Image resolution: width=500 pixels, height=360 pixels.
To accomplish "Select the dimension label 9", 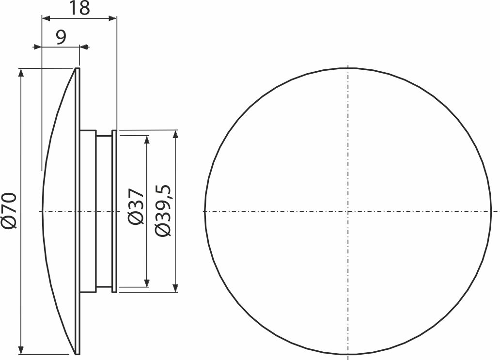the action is point(61,37).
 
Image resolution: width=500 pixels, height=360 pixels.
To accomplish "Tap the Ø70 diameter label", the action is point(9,210).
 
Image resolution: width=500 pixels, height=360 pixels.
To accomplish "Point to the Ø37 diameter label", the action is point(136,206).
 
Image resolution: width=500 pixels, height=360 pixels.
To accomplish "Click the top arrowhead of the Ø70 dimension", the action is point(21,72).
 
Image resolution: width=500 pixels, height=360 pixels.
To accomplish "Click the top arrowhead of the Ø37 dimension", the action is point(147,140).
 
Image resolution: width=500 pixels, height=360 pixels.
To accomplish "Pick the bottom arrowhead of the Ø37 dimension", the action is point(147,282).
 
